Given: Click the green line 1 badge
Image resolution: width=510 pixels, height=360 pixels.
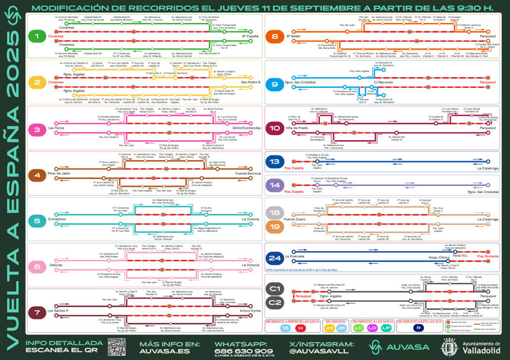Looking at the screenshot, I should (x=40, y=37).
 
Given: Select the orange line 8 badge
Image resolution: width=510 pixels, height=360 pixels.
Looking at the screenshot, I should (x=275, y=37).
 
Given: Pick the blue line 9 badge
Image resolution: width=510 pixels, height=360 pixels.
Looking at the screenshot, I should (x=275, y=83).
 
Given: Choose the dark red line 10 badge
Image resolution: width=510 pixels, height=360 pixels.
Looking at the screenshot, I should (x=275, y=128).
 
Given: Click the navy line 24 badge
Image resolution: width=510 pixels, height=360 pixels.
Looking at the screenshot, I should (x=275, y=259).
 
